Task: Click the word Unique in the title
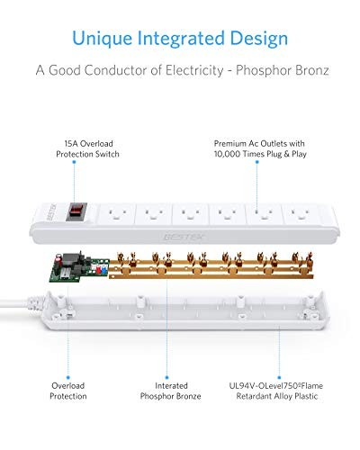pos(102,39)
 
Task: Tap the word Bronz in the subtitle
pos(312,70)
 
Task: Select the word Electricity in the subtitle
pos(194,70)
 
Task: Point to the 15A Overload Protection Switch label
pos(87,148)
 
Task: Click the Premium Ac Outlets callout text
pos(260,148)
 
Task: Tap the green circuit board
pos(78,267)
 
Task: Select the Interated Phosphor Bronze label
pos(170,391)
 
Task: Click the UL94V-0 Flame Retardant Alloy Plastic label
pos(276,391)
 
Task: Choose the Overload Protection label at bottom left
pos(68,391)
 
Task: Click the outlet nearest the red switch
pos(116,214)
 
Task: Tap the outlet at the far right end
pos(301,214)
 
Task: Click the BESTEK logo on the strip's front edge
pos(184,237)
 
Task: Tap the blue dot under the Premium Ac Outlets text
pos(256,162)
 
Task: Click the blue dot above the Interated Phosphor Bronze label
pos(166,377)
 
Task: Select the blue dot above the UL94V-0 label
pos(279,377)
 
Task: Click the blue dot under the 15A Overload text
pos(74,162)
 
